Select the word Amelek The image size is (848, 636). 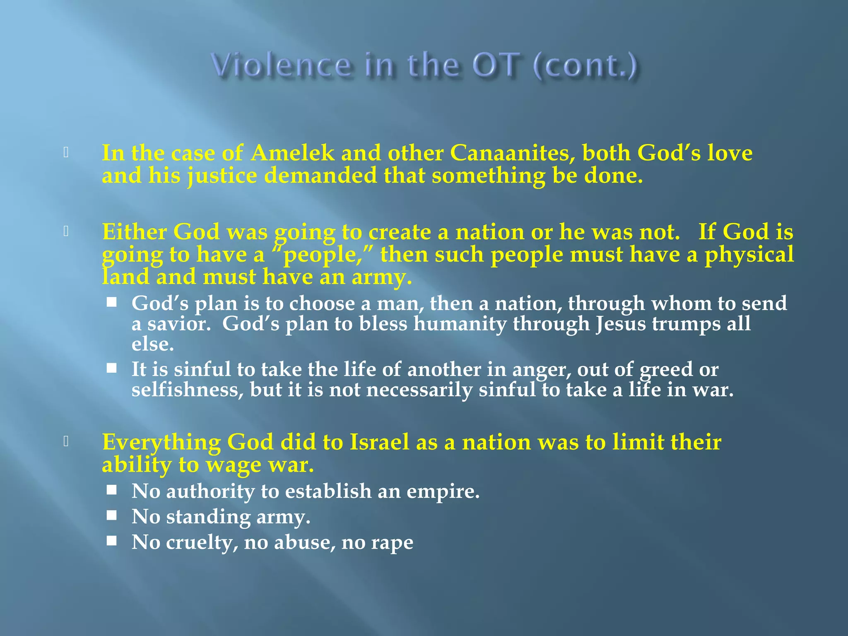pyautogui.click(x=292, y=153)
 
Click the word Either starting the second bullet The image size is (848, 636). pyautogui.click(x=134, y=231)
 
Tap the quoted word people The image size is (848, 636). pyautogui.click(x=323, y=254)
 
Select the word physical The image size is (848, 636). pyautogui.click(x=749, y=254)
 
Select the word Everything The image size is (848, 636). pyautogui.click(x=161, y=442)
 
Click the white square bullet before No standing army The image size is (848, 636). pyautogui.click(x=111, y=515)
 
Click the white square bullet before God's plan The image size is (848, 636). pyautogui.click(x=111, y=302)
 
